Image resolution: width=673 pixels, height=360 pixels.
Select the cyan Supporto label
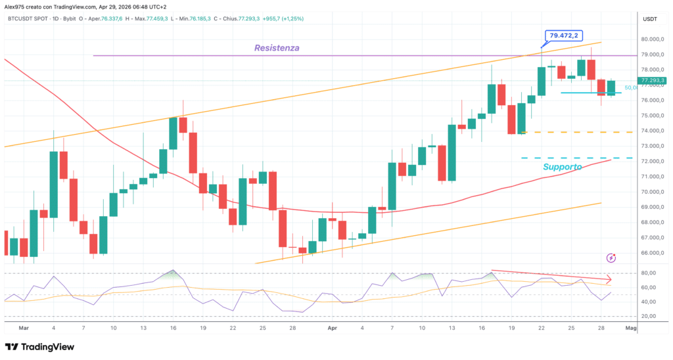point(562,168)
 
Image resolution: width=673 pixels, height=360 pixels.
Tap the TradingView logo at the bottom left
point(39,347)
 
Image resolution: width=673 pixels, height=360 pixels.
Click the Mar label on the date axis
point(24,326)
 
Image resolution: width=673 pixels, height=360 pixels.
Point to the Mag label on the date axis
point(630,326)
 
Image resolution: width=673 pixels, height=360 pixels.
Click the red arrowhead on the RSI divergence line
point(609,279)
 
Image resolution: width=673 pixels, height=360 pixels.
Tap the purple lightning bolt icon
point(612,259)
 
